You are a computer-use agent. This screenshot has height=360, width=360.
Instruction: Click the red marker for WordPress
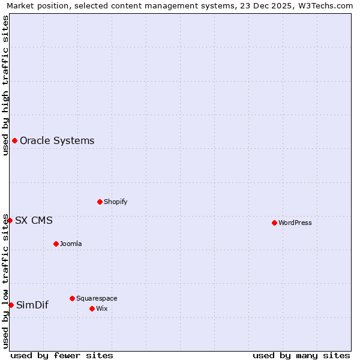pos(274,223)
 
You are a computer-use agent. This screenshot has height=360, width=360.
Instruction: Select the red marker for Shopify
pos(100,202)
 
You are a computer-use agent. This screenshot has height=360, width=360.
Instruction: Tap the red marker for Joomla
pos(56,244)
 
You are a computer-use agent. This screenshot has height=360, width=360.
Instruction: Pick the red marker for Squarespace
pos(72,298)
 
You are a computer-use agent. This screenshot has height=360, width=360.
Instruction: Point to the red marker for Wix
pos(92,308)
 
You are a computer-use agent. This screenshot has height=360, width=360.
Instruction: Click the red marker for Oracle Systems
pos(14,141)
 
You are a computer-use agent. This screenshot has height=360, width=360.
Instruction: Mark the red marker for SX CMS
pos(10,220)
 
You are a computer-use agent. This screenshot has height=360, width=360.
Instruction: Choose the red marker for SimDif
pos(11,305)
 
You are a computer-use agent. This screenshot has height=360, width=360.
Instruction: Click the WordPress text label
pos(295,223)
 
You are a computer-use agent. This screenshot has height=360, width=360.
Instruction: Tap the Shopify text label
pos(116,202)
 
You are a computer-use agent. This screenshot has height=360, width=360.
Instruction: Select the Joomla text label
pos(71,244)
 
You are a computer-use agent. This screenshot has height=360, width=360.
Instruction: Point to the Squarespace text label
pos(97,298)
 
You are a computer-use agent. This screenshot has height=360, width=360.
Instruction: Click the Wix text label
pos(102,308)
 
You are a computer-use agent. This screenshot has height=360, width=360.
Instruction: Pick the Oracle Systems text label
pos(57,141)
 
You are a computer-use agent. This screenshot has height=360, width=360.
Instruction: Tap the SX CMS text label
pos(34,220)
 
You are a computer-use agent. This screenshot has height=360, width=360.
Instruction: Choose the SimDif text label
pos(32,305)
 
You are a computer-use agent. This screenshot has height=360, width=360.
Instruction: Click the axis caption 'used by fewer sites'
pos(62,355)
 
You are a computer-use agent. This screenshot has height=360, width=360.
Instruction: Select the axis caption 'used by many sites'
pos(301,355)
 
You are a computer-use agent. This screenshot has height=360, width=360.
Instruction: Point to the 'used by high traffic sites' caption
pos(5,85)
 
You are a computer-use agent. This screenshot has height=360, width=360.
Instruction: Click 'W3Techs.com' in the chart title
pos(326,6)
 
